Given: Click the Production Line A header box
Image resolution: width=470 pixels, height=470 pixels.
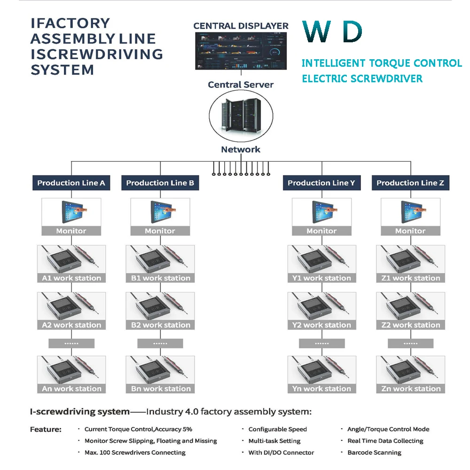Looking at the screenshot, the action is pyautogui.click(x=71, y=183).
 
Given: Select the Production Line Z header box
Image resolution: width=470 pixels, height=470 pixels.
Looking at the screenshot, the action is pyautogui.click(x=410, y=183).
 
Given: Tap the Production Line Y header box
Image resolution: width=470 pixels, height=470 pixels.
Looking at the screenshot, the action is pyautogui.click(x=321, y=183).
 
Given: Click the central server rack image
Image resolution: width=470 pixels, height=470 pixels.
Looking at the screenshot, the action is pyautogui.click(x=241, y=116).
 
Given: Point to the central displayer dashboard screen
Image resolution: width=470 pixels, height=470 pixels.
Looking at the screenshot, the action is pyautogui.click(x=241, y=51).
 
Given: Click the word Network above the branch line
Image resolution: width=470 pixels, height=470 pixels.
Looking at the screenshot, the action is pyautogui.click(x=241, y=149).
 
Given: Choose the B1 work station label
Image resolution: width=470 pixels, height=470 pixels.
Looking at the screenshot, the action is pyautogui.click(x=160, y=278).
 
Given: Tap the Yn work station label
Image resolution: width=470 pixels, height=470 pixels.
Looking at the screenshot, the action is pyautogui.click(x=321, y=389).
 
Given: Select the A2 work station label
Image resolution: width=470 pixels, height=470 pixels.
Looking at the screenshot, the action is pyautogui.click(x=71, y=325).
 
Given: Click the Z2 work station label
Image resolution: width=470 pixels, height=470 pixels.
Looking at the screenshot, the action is pyautogui.click(x=411, y=325).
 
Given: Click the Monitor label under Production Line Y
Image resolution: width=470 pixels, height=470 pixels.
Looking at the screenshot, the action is pyautogui.click(x=321, y=231).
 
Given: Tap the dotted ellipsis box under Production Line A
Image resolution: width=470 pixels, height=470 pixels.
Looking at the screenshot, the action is pyautogui.click(x=71, y=343).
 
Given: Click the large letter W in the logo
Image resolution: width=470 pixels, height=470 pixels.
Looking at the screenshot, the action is pyautogui.click(x=317, y=31).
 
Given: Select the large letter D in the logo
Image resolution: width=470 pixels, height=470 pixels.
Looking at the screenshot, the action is pyautogui.click(x=352, y=31).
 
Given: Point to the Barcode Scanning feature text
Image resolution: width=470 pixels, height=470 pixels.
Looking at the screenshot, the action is pyautogui.click(x=375, y=453).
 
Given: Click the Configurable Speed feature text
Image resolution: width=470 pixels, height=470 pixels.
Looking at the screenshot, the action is pyautogui.click(x=278, y=429).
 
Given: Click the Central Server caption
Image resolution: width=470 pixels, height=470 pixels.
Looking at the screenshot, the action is pyautogui.click(x=241, y=85).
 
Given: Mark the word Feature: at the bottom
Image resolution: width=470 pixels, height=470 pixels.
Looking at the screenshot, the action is pyautogui.click(x=46, y=430).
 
